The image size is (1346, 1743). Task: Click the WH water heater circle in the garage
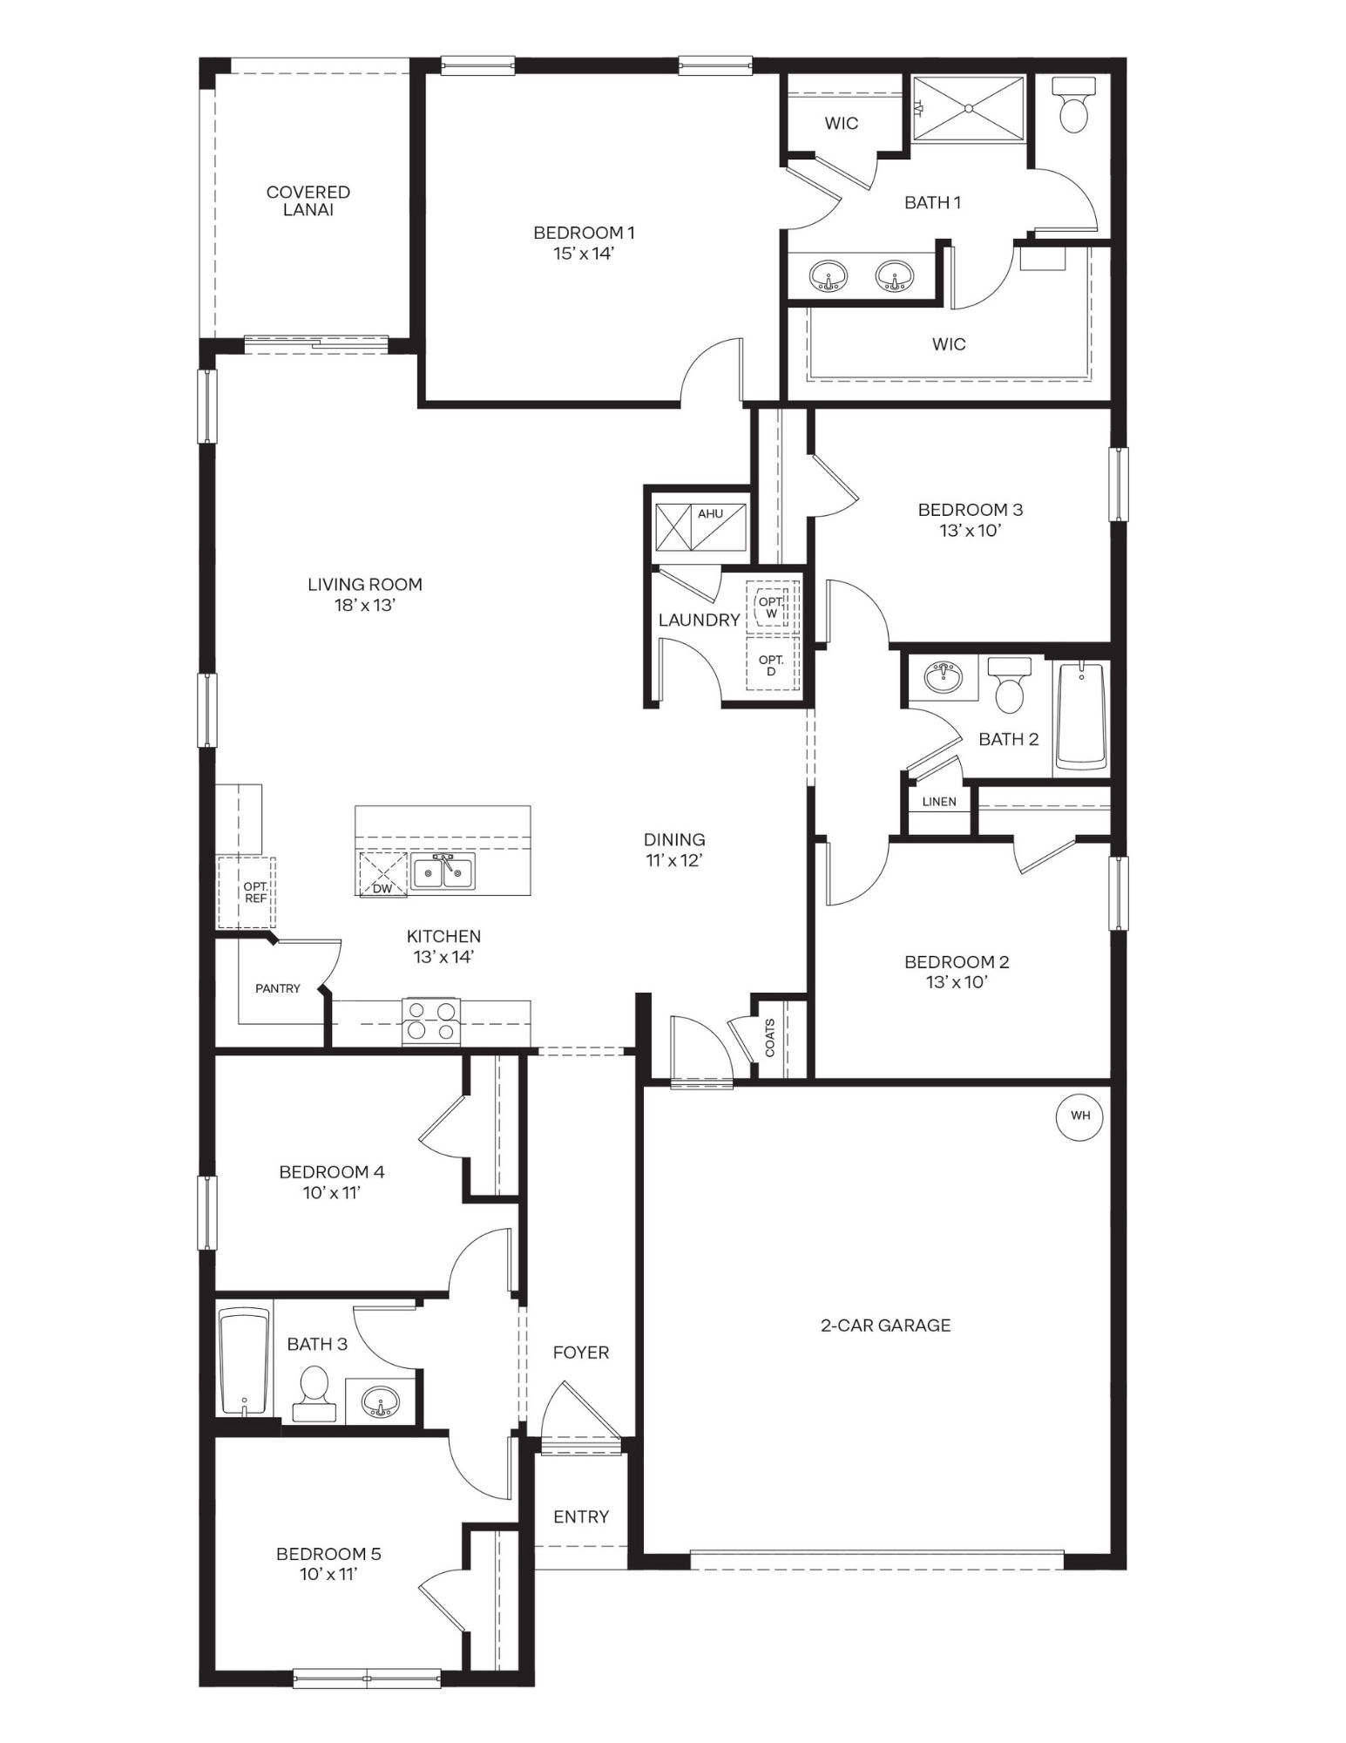(1079, 1116)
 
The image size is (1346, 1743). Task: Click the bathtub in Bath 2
(1080, 716)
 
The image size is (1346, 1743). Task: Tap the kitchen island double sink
(443, 872)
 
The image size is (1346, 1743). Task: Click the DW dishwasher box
(382, 874)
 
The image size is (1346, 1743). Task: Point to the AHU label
(710, 514)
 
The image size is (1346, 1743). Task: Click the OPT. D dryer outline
(771, 665)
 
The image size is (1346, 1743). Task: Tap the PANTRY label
(277, 988)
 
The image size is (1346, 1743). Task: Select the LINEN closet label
(938, 802)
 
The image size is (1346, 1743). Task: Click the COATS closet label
(770, 1038)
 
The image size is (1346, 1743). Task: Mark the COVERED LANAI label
(308, 201)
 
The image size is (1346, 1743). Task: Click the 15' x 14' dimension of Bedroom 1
(584, 254)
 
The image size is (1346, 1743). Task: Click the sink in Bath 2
(942, 676)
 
